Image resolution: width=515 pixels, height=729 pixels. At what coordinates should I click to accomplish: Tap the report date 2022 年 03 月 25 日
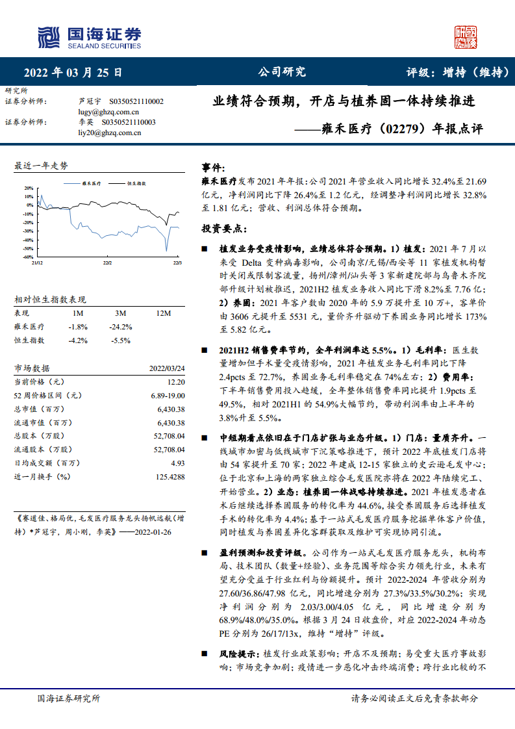click(x=73, y=72)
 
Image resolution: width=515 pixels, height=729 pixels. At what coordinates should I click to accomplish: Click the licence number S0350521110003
click(x=132, y=122)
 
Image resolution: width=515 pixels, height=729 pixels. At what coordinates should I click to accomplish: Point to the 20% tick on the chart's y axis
click(x=29, y=188)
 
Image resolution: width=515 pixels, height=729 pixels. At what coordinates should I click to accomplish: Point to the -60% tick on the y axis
click(x=28, y=248)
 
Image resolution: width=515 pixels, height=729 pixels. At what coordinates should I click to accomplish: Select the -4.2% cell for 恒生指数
click(x=77, y=340)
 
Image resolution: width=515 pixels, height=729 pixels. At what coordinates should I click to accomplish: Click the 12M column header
click(x=163, y=314)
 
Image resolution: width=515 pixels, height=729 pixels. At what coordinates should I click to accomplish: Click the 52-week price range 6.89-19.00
click(x=168, y=395)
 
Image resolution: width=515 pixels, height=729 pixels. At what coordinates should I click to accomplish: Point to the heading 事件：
click(x=214, y=168)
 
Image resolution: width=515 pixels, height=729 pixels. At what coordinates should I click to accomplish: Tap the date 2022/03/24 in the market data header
click(x=167, y=368)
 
